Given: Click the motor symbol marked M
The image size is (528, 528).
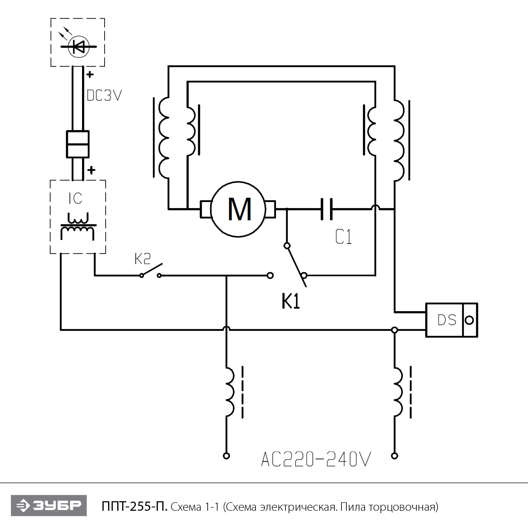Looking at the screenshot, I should pos(238,209).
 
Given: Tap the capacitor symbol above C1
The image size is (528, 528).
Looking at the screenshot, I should pos(327,209).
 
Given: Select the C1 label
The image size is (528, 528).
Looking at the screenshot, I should pos(343,236).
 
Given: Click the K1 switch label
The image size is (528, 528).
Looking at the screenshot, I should pos(290,302).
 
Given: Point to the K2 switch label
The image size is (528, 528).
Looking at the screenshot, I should pos(143,259).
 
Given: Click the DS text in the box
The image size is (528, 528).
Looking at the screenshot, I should pos(446,320).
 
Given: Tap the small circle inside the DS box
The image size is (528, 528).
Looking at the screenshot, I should pos(469,320).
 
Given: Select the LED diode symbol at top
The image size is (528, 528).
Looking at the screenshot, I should pos(78,46).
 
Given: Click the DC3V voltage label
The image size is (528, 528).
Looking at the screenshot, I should pos(104,95).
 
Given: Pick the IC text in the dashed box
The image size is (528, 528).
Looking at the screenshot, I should pos(75,199).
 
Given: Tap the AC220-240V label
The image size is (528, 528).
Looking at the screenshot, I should pos(316,459).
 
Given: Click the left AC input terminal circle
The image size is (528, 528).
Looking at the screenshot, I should pos(226,456).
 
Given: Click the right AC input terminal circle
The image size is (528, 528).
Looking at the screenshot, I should pos(395,456).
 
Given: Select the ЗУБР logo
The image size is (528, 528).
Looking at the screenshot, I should pos(49,505).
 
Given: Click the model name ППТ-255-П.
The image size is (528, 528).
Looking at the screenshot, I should pos(134,507).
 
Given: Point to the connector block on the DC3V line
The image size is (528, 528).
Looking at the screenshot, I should pos(78,144).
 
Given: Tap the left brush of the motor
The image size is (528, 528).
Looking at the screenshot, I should pos(206,209).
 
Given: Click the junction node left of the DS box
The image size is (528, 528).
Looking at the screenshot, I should pos(395,330).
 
